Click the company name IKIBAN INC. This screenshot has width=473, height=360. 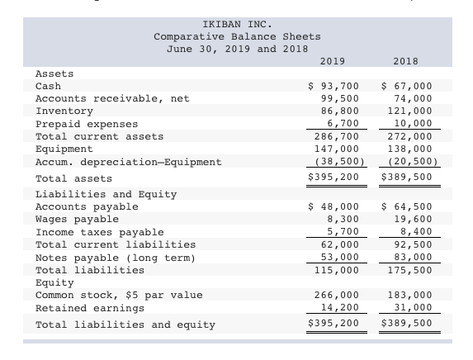[238, 24]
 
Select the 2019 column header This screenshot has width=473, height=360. [333, 61]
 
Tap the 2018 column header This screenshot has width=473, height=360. [406, 61]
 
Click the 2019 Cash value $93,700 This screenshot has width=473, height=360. [333, 87]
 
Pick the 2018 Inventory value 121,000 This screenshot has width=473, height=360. [410, 111]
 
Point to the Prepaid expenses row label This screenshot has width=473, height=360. [87, 124]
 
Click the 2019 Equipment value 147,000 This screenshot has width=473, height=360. [337, 149]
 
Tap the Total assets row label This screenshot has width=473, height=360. [73, 178]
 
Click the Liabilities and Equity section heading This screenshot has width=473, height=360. [106, 194]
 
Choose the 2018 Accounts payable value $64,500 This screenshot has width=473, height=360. [407, 206]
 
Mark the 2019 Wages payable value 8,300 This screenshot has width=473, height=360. [343, 219]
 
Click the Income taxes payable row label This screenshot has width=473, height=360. [100, 232]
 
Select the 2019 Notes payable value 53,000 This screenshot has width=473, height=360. [340, 257]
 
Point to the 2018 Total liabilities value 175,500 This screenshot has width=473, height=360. [410, 270]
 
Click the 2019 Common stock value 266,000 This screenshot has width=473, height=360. [337, 295]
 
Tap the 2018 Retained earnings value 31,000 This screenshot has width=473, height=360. [414, 307]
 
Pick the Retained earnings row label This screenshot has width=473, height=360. [90, 308]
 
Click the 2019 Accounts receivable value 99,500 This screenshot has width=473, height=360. [340, 99]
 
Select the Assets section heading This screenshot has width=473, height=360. [54, 73]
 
